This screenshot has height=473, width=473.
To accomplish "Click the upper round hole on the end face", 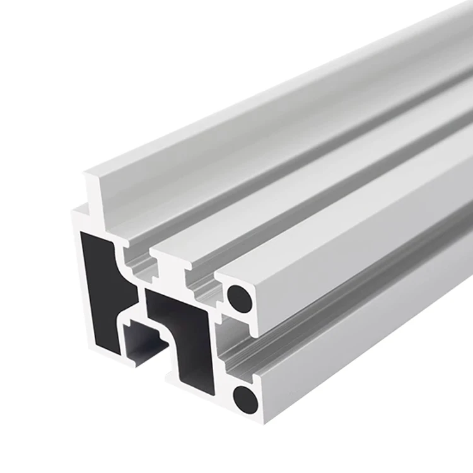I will pos(240,297).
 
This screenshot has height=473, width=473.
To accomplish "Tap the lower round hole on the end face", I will pos(245,399).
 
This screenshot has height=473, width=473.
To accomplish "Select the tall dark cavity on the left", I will pos(101,284).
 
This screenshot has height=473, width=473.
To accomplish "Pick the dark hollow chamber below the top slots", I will pos(183,331).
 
